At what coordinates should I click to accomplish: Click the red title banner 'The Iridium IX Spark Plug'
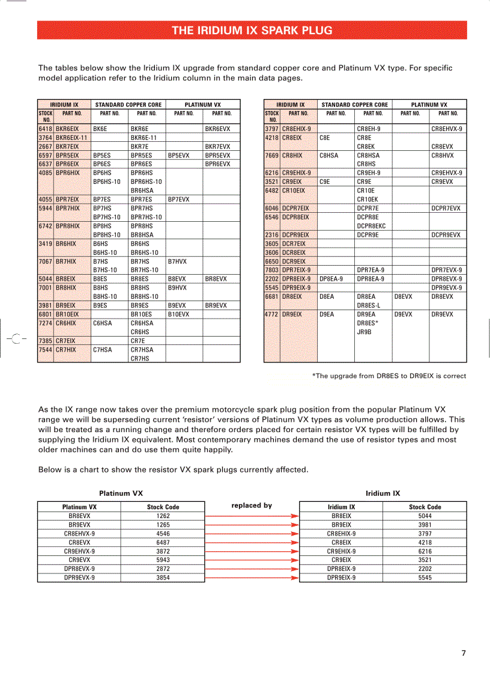252,30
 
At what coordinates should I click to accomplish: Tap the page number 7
464,653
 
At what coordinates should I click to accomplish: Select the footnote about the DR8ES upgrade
389,376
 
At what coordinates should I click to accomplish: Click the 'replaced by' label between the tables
252,505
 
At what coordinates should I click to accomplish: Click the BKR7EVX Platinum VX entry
217,147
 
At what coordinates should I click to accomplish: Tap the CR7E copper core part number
138,341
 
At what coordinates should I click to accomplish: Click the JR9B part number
364,332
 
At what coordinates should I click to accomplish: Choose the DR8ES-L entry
368,305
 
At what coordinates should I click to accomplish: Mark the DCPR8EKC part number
371,226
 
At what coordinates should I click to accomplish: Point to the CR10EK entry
367,200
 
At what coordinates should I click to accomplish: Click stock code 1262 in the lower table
163,516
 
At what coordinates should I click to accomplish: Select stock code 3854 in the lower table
163,578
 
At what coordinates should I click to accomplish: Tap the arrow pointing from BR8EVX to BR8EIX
252,516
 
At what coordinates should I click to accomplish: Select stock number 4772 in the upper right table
272,314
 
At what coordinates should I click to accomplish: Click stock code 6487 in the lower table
163,542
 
